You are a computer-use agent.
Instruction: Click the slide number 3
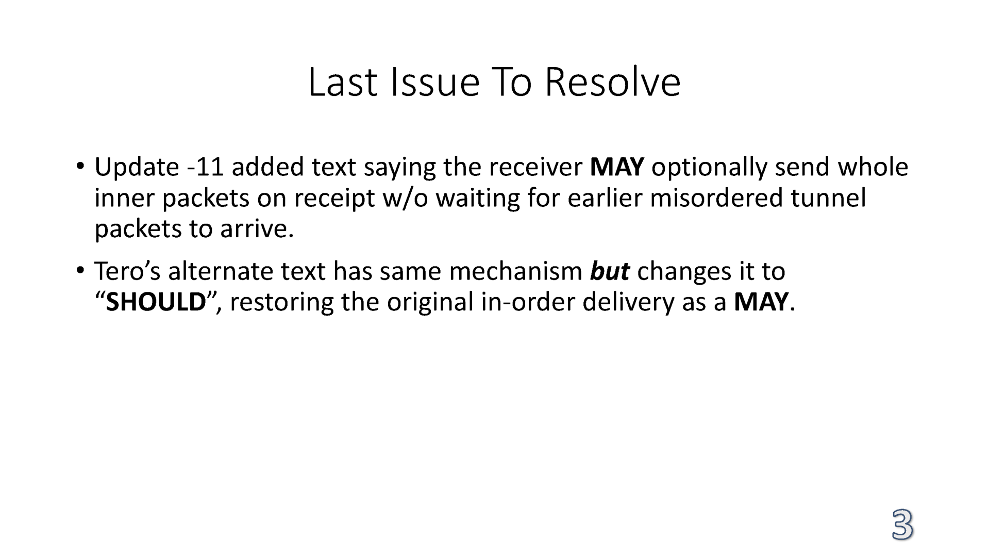pos(902,525)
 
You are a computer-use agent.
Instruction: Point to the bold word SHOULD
pos(156,302)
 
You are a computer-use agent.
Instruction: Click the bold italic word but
pos(609,271)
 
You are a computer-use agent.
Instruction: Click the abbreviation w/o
pos(406,198)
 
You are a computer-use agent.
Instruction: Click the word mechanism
pos(515,271)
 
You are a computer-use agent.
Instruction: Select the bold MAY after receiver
pos(617,167)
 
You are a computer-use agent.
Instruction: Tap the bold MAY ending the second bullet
pos(761,302)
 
